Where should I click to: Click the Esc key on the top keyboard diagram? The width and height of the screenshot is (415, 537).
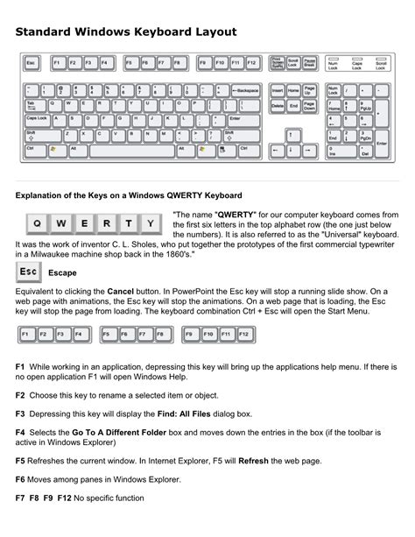(x=32, y=63)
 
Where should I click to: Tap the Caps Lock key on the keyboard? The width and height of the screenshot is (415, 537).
(x=37, y=117)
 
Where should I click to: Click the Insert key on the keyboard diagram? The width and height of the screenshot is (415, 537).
(x=278, y=90)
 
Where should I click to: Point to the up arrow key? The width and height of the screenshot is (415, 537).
(x=293, y=133)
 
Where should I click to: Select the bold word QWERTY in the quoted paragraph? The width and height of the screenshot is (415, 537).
(x=236, y=214)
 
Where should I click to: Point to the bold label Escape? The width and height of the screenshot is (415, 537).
(x=62, y=273)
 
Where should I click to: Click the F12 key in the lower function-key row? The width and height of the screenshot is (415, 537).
(x=247, y=336)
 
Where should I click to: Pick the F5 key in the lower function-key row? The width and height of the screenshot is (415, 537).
(x=105, y=336)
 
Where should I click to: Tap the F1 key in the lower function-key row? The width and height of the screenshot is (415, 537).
(x=26, y=336)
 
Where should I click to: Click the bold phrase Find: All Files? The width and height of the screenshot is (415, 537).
(x=201, y=413)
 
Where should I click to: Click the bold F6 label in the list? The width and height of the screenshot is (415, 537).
(x=21, y=479)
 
